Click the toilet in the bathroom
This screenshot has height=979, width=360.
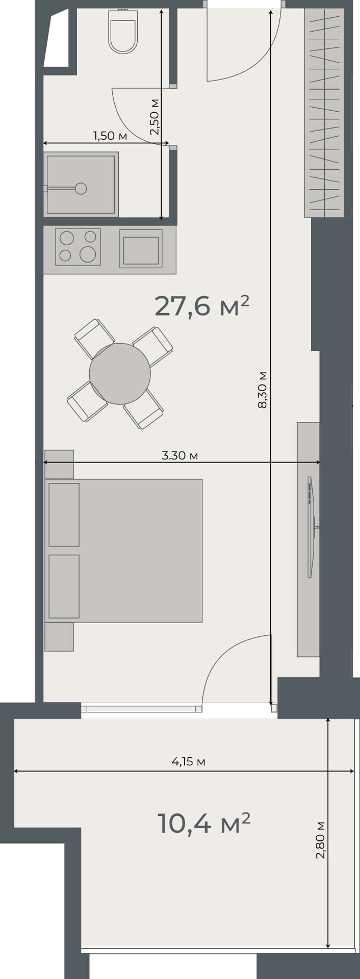tap(123, 33)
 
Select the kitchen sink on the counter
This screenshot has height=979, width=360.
tap(141, 249)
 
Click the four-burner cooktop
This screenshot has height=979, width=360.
tap(78, 246)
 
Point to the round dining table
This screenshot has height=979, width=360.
tap(120, 374)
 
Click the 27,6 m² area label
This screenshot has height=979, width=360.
tap(202, 306)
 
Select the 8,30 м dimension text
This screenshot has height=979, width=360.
tap(263, 390)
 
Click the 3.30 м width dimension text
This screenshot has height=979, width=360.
tap(179, 455)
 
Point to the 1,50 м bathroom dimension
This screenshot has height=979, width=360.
tap(110, 136)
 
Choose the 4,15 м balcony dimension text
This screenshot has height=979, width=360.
tap(188, 762)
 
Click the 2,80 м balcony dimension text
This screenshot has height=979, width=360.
tap(320, 840)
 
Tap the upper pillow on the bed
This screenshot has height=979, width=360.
tap(64, 514)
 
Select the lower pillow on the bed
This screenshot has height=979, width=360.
tap(64, 586)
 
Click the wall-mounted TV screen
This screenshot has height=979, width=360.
tap(310, 527)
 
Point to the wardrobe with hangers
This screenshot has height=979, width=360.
tap(324, 112)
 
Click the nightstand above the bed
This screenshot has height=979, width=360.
tap(59, 463)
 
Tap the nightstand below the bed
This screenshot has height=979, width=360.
tap(59, 637)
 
